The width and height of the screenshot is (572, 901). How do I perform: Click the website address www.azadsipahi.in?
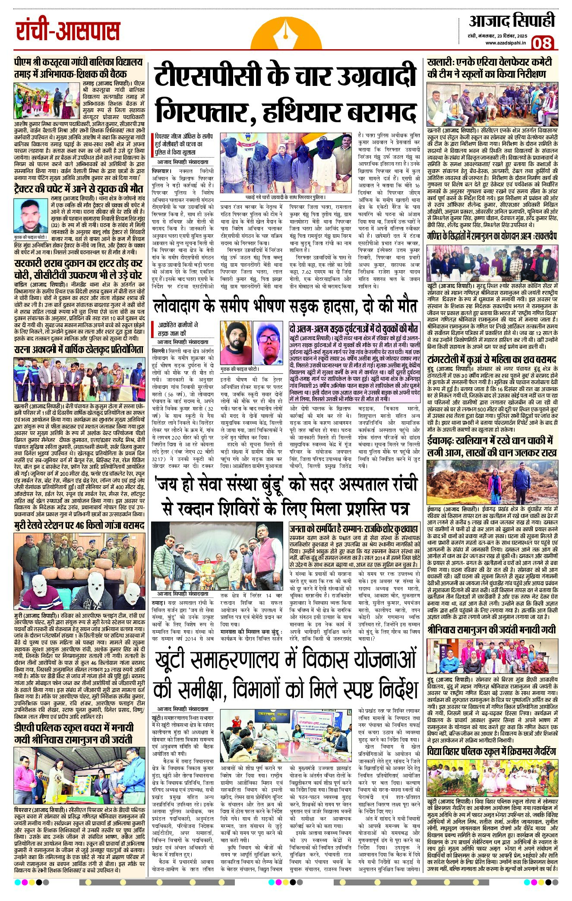505,43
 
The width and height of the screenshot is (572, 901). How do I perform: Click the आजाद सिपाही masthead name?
512,21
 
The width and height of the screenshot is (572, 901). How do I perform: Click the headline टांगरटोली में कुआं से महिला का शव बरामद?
492,359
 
